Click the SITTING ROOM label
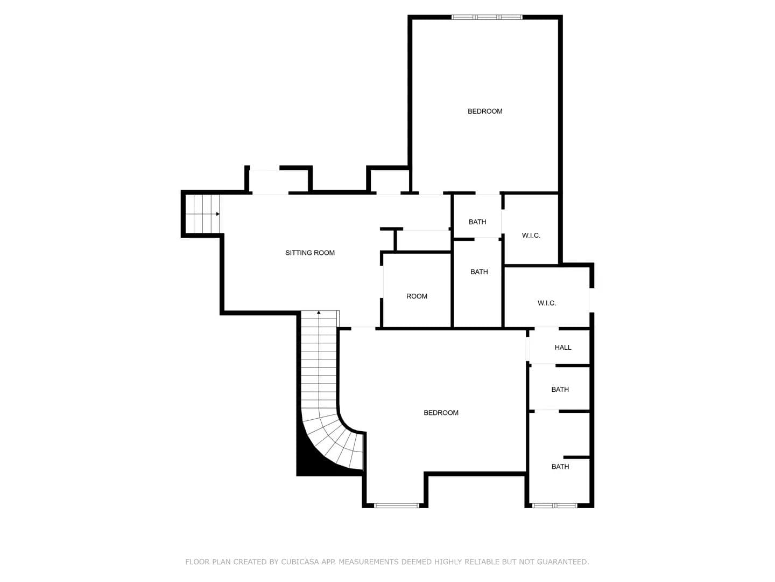pos(309,253)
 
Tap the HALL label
pos(562,348)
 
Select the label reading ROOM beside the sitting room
pos(417,296)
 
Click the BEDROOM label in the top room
pos(485,112)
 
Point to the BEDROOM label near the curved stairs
pos(441,413)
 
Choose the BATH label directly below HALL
pos(560,390)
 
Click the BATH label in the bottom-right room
pos(560,467)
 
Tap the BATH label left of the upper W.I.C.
pos(477,222)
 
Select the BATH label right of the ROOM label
pos(479,272)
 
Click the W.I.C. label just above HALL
pos(547,303)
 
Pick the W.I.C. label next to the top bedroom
pos(531,235)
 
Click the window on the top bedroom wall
pos(487,17)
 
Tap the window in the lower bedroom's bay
pos(397,505)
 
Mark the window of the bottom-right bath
pos(555,505)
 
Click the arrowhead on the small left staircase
pos(218,214)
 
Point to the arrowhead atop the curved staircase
pos(319,313)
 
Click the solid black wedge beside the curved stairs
pos(311,459)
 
